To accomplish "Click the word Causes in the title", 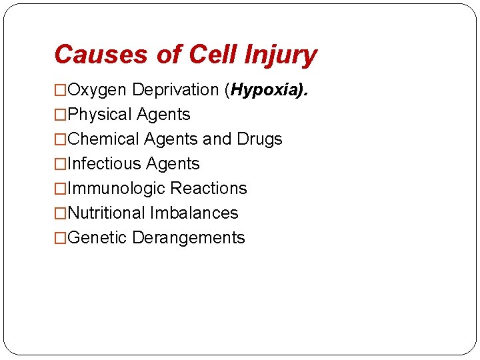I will tap(101, 54).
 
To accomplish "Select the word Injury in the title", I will tap(280, 55).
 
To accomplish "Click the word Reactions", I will tap(209, 189).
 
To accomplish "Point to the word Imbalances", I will tap(194, 213).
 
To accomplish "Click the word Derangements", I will tap(189, 238).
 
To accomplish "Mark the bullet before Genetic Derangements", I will tap(61, 238).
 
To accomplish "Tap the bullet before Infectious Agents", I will tap(61, 164).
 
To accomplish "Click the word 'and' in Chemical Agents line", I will tap(216, 139).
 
